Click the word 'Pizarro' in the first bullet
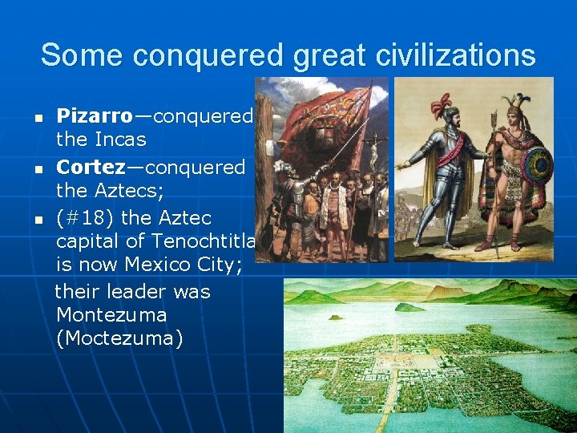pyautogui.click(x=94, y=116)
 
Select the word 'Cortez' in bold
pyautogui.click(x=91, y=168)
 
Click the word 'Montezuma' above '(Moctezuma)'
pyautogui.click(x=111, y=314)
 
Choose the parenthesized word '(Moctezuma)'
pyautogui.click(x=119, y=338)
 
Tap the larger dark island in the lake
pyautogui.click(x=409, y=306)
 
